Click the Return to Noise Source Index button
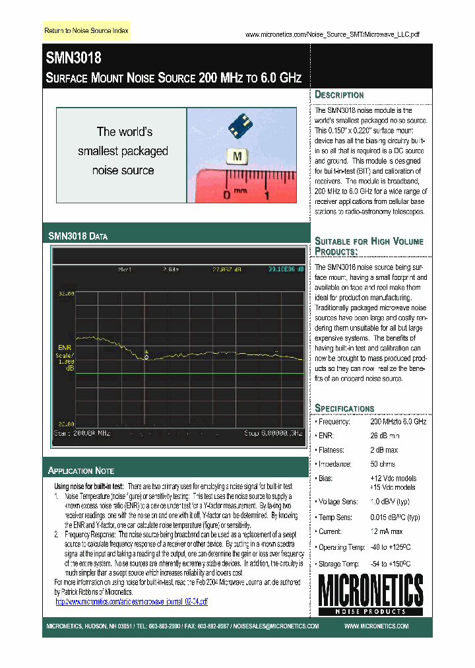[x=86, y=31]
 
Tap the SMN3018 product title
[x=73, y=58]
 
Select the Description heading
[x=339, y=94]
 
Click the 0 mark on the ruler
[x=226, y=195]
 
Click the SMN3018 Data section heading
[x=78, y=236]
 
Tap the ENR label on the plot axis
[x=65, y=347]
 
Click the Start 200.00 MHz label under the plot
[x=81, y=433]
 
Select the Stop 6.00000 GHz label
[x=273, y=433]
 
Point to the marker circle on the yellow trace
[x=146, y=357]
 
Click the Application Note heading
[x=81, y=471]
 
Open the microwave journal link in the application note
[x=131, y=601]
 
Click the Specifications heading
[x=344, y=408]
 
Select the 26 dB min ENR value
[x=385, y=436]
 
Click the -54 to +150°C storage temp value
[x=395, y=564]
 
